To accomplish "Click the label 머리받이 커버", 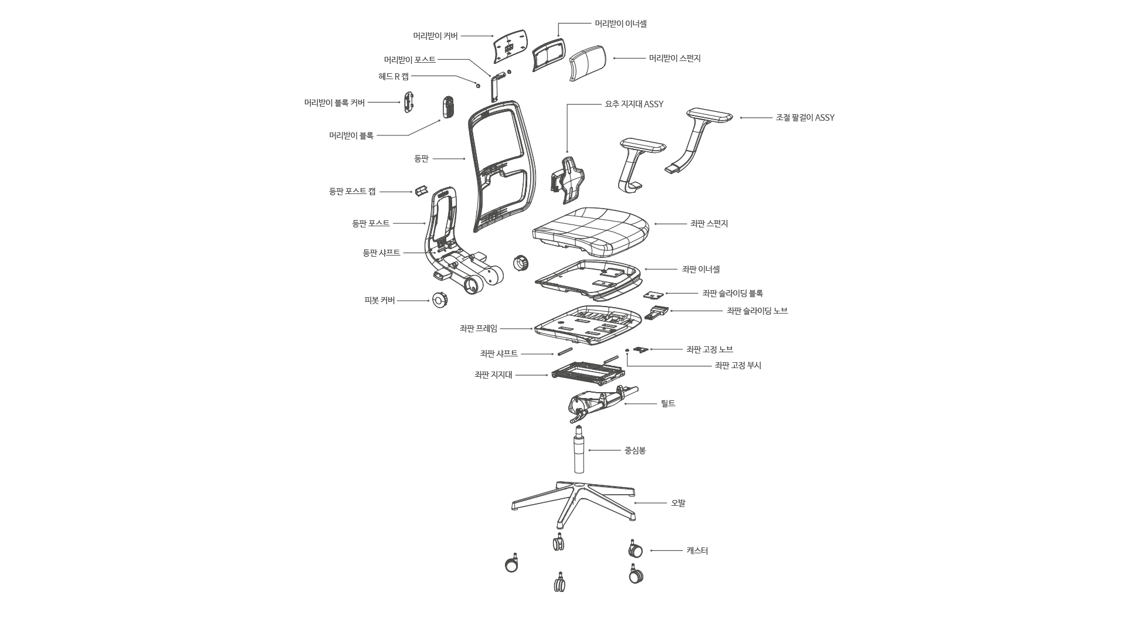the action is coord(435,36).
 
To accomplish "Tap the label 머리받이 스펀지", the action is coord(674,59).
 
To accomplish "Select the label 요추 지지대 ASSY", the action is coord(634,104).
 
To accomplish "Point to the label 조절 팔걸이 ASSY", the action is coord(805,118).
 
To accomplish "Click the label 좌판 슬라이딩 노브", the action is coord(757,311).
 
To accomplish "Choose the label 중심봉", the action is coord(635,451).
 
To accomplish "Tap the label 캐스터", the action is coord(697,551).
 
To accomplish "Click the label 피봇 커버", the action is coord(379,301).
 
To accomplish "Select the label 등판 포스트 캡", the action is coord(352,192).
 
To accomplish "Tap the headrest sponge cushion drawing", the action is coord(587,64).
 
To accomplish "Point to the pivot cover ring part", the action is coord(440,301).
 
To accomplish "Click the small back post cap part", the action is coord(421,191).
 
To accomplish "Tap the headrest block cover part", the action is coord(409,103).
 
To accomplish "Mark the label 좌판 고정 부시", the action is coord(738,366).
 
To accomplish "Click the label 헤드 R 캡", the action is coord(394,76).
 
